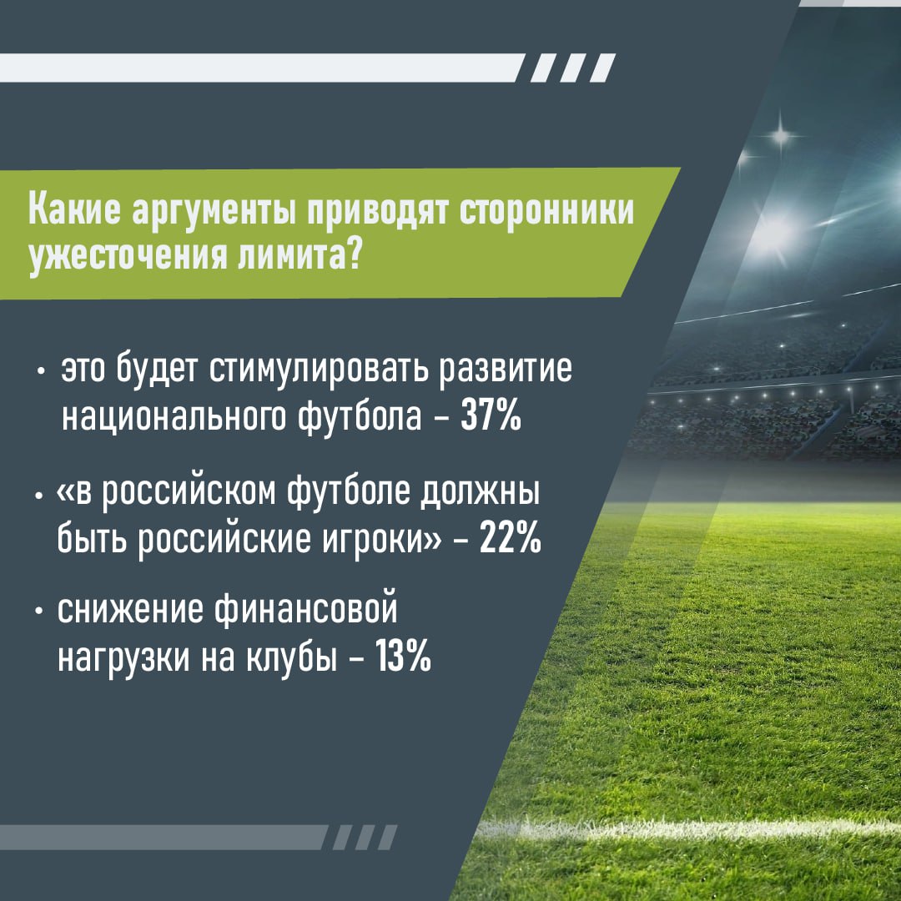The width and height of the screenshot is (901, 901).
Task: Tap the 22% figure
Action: coord(511,539)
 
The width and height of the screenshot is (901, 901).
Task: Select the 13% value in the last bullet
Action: coord(403,660)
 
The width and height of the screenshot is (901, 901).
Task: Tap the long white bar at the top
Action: coord(259,67)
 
